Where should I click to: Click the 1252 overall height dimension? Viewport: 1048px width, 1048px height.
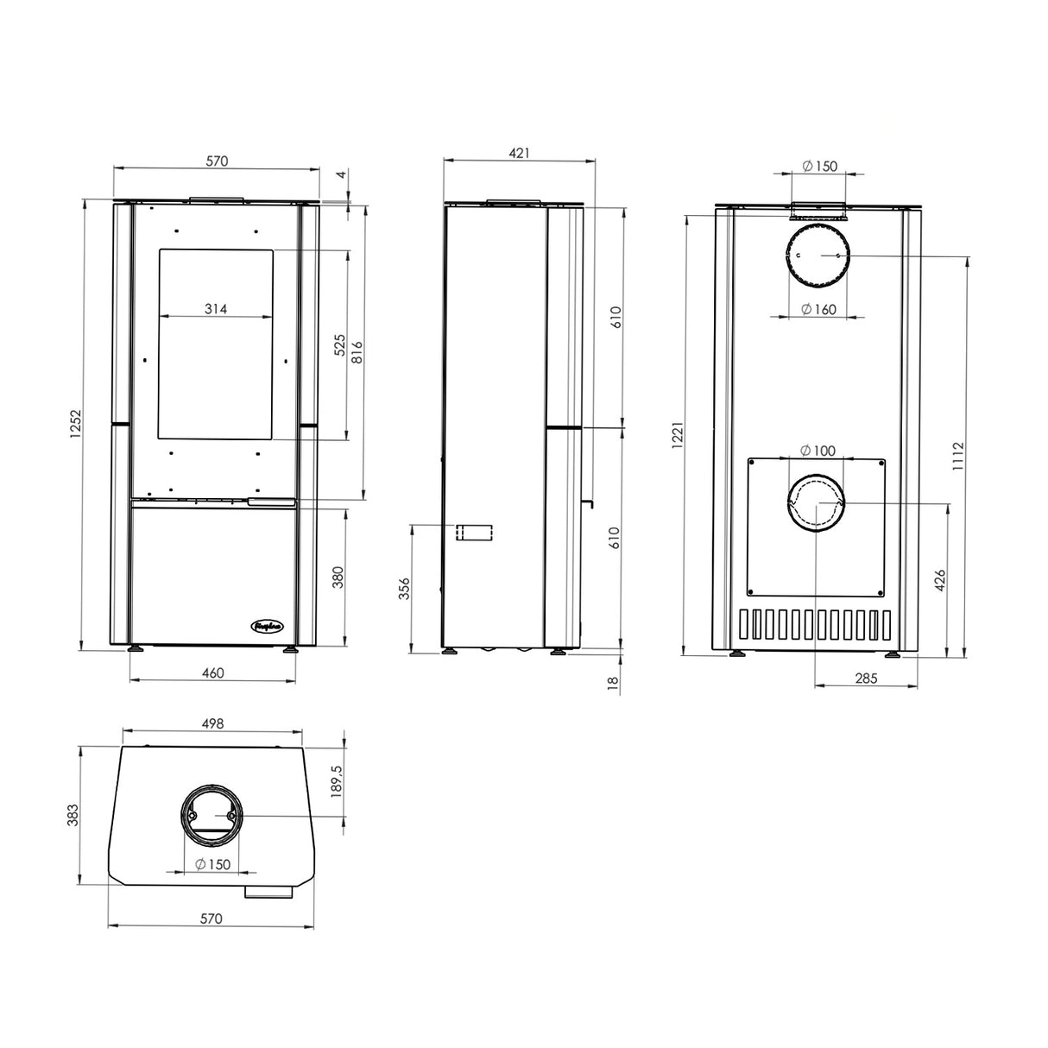pos(75,425)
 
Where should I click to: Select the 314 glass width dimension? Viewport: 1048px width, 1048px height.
pos(216,308)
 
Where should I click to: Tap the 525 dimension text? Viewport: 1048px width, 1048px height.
pos(339,344)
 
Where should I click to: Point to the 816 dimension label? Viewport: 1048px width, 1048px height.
pos(357,352)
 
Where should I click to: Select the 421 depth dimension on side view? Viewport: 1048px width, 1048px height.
pos(519,153)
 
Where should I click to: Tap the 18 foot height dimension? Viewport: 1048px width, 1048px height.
pos(614,682)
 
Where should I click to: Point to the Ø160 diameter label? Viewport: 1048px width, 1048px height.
pos(818,309)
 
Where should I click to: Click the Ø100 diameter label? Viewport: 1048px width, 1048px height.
pos(818,450)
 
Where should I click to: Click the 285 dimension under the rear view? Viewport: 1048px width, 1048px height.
pos(865,679)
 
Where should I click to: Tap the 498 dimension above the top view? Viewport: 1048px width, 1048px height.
pos(212,723)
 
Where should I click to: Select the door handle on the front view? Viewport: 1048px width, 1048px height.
pos(272,502)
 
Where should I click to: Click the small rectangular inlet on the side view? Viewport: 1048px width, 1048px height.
pos(473,533)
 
